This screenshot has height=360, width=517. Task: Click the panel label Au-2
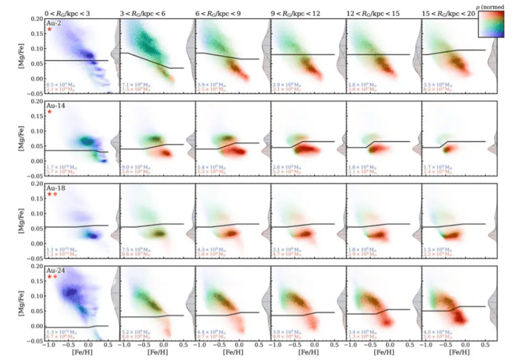pyautogui.click(x=53, y=23)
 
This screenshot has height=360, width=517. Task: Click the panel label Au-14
pyautogui.click(x=55, y=105)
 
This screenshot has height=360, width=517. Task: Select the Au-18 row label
pyautogui.click(x=55, y=187)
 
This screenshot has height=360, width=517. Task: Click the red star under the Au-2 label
pyautogui.click(x=49, y=29)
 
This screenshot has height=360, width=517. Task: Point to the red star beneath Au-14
pyautogui.click(x=49, y=112)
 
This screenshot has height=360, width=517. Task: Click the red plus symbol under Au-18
pyautogui.click(x=55, y=194)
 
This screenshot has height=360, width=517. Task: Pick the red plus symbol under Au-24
pyautogui.click(x=55, y=276)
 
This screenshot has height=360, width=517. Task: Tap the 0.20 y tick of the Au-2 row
pyautogui.click(x=36, y=19)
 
